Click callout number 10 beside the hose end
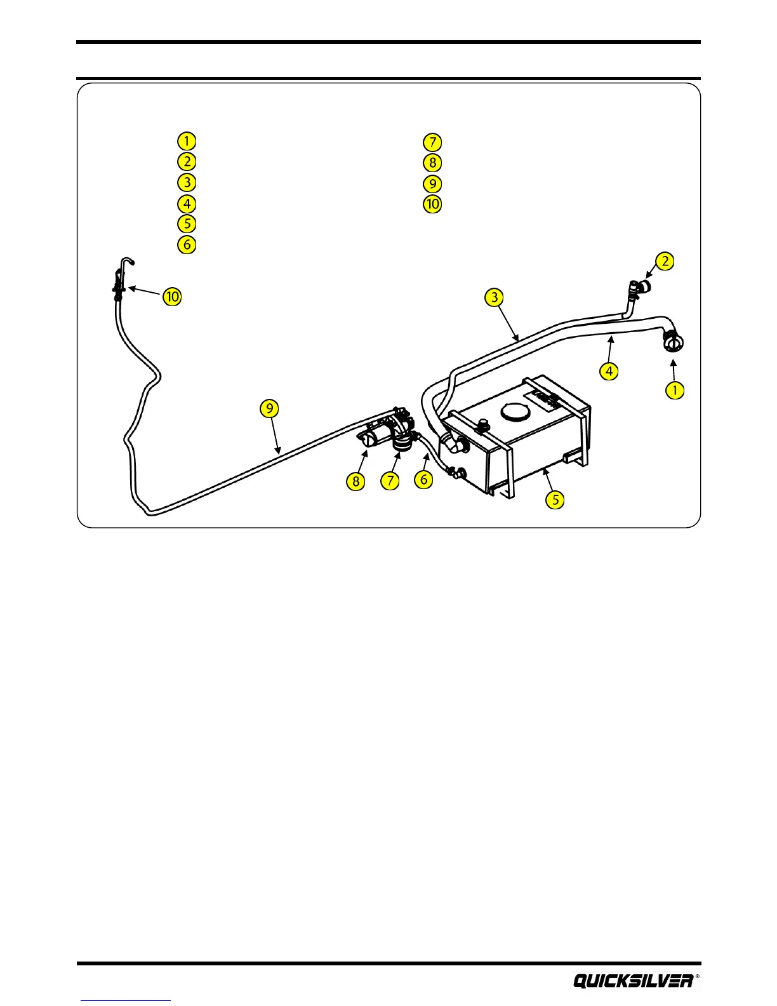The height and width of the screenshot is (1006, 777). (x=172, y=297)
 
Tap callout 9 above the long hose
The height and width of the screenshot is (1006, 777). (x=270, y=408)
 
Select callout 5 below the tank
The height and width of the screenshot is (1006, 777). (x=555, y=499)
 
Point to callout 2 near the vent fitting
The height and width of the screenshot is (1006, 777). (x=665, y=261)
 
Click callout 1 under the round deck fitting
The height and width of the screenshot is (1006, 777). (x=675, y=390)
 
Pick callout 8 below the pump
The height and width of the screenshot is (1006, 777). (x=355, y=481)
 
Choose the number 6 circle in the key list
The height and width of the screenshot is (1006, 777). (x=187, y=245)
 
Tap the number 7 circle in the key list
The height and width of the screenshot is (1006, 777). (x=432, y=142)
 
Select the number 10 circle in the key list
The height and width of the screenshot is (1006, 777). (x=432, y=204)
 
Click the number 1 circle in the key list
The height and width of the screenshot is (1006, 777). (x=187, y=140)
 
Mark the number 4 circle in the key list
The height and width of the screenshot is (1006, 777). (x=187, y=203)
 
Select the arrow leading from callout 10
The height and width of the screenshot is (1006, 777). (x=145, y=292)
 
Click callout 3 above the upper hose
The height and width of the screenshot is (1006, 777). (x=494, y=297)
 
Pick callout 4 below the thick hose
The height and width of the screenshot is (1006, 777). (x=609, y=370)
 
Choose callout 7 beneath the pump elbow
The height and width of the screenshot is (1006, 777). (x=390, y=481)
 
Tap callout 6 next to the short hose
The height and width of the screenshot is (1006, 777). (x=424, y=480)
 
